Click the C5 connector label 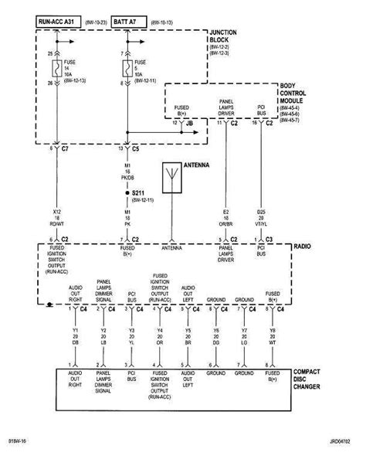click(x=135, y=147)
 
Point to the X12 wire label click(x=56, y=212)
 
